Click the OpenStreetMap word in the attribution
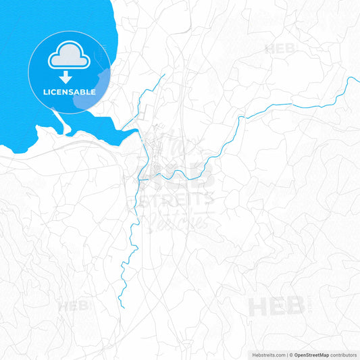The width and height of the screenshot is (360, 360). tap(311, 354)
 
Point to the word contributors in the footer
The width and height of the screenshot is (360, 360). tap(344, 354)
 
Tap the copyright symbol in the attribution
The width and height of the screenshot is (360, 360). tap(291, 354)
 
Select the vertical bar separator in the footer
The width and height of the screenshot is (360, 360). tap(287, 354)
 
